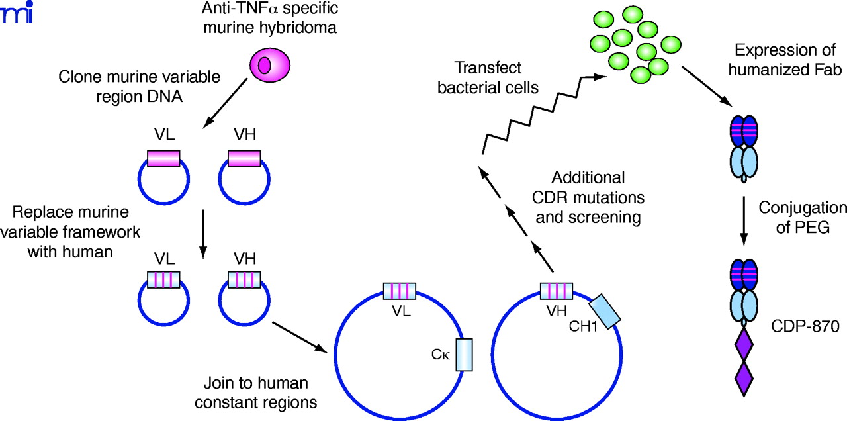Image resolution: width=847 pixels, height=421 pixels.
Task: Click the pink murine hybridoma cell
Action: tap(269, 66)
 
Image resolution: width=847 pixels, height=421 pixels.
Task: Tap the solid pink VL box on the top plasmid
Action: tap(163, 159)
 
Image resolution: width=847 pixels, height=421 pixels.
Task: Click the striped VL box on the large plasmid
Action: tap(400, 291)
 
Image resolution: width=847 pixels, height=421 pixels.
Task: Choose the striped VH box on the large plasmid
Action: tap(557, 291)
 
